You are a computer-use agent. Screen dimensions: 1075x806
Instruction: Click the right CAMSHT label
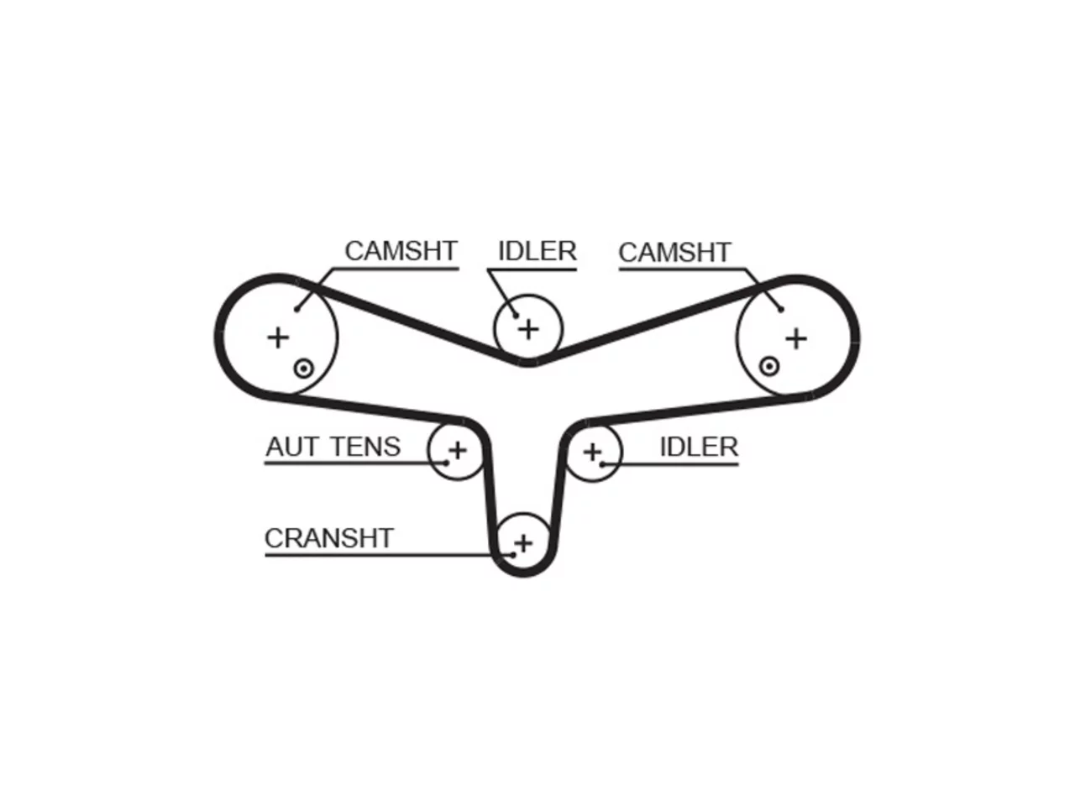pyautogui.click(x=674, y=253)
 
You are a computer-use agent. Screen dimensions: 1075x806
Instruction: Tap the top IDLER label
pyautogui.click(x=537, y=251)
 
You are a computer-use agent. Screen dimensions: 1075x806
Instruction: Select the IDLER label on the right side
pyautogui.click(x=699, y=447)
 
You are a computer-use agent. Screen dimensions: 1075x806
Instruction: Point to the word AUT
pyautogui.click(x=293, y=447)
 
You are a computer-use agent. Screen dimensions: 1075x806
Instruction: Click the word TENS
pyautogui.click(x=366, y=447)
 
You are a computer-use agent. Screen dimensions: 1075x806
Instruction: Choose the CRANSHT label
pyautogui.click(x=328, y=538)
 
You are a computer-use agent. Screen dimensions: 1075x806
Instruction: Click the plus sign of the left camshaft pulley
pyautogui.click(x=278, y=338)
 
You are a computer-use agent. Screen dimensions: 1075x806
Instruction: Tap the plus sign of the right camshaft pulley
pyautogui.click(x=796, y=338)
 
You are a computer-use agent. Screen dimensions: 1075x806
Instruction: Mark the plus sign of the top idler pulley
pyautogui.click(x=528, y=329)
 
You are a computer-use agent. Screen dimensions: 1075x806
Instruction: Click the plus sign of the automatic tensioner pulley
pyautogui.click(x=458, y=450)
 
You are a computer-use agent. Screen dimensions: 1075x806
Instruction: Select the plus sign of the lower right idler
pyautogui.click(x=593, y=452)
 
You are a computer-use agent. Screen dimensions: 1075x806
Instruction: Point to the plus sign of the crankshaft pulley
pyautogui.click(x=523, y=543)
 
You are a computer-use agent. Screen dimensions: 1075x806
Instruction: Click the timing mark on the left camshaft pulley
pyautogui.click(x=304, y=368)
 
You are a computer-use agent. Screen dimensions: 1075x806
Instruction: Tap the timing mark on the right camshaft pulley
pyautogui.click(x=769, y=365)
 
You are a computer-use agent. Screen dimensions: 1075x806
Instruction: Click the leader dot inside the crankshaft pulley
pyautogui.click(x=513, y=555)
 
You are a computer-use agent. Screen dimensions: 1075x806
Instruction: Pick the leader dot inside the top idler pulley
pyautogui.click(x=516, y=316)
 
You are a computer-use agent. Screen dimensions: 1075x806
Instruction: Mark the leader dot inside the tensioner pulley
pyautogui.click(x=447, y=463)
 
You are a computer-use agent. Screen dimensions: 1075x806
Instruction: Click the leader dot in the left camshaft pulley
pyautogui.click(x=296, y=309)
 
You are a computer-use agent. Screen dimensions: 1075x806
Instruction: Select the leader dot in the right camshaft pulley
pyautogui.click(x=781, y=309)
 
